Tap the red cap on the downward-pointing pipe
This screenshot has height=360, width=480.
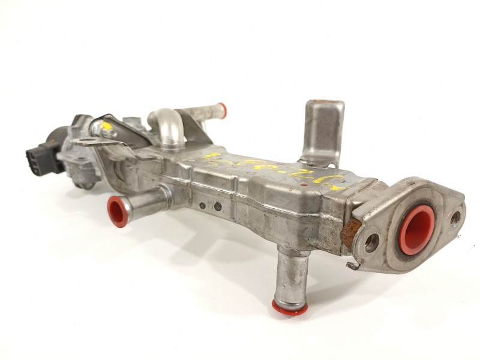290,307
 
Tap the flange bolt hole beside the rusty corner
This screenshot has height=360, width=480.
372,242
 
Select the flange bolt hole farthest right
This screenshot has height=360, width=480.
455,217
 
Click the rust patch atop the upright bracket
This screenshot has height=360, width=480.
325,104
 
